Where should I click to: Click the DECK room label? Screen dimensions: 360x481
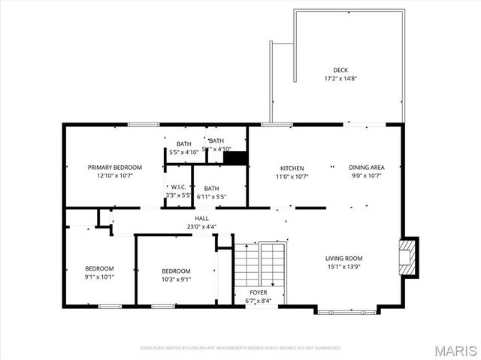pos(340,70)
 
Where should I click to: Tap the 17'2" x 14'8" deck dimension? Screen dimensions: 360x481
pos(340,78)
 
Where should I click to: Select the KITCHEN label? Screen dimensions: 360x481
pos(292,168)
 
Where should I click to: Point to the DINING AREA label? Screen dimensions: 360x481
pos(367,168)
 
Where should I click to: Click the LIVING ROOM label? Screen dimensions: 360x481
pos(343,258)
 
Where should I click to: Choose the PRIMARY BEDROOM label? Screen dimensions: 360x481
pos(115,167)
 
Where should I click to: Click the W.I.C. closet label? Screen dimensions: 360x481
pos(178,187)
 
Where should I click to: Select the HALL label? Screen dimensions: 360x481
pos(201,218)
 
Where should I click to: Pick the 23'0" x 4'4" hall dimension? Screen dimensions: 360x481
pos(201,226)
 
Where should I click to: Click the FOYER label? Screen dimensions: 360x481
pos(258,292)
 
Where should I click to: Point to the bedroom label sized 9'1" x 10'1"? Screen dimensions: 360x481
pos(99,268)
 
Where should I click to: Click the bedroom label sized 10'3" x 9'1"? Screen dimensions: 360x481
pos(176,271)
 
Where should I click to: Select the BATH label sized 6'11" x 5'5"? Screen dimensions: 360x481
pos(211,189)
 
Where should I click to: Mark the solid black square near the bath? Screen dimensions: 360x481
pos(236,158)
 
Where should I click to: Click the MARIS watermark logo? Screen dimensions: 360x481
pos(454,349)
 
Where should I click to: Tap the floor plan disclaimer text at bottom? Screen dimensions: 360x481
pos(240,348)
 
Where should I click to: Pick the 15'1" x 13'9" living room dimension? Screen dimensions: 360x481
pos(343,267)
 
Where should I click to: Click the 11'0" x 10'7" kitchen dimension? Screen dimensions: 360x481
pos(292,177)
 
